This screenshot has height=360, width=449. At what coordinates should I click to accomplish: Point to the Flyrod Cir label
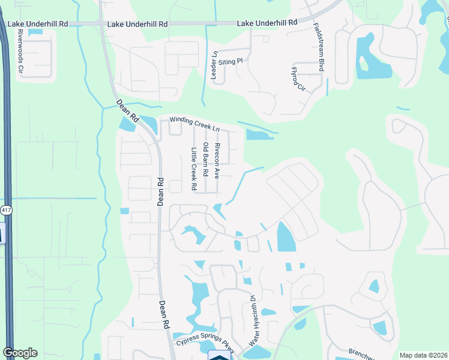point(298,79)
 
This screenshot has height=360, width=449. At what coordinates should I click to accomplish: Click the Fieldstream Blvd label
point(318,48)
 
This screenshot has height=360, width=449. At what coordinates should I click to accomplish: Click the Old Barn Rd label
point(205,160)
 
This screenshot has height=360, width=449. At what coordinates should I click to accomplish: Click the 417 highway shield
point(5,211)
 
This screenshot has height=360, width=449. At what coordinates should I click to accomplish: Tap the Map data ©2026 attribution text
point(423,355)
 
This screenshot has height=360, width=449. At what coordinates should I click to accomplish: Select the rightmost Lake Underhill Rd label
point(267,22)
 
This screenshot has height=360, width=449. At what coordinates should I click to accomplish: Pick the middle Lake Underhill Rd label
point(137,25)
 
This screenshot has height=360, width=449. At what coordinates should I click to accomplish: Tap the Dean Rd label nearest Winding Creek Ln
point(127,112)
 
